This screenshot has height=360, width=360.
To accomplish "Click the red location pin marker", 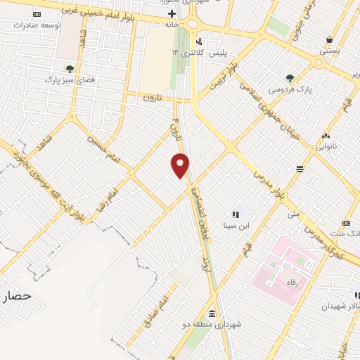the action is [x=181, y=165].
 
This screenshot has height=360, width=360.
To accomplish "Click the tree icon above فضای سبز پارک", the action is [x=70, y=68].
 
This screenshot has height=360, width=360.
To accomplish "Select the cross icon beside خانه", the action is [x=172, y=13].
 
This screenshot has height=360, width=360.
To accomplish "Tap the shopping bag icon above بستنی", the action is [x=328, y=39].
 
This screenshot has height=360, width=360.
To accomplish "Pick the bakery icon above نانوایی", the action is [x=326, y=136].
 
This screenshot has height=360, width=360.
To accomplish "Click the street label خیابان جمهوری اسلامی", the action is [x=271, y=112].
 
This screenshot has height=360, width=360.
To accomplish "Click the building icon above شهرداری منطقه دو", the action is [x=212, y=314].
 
